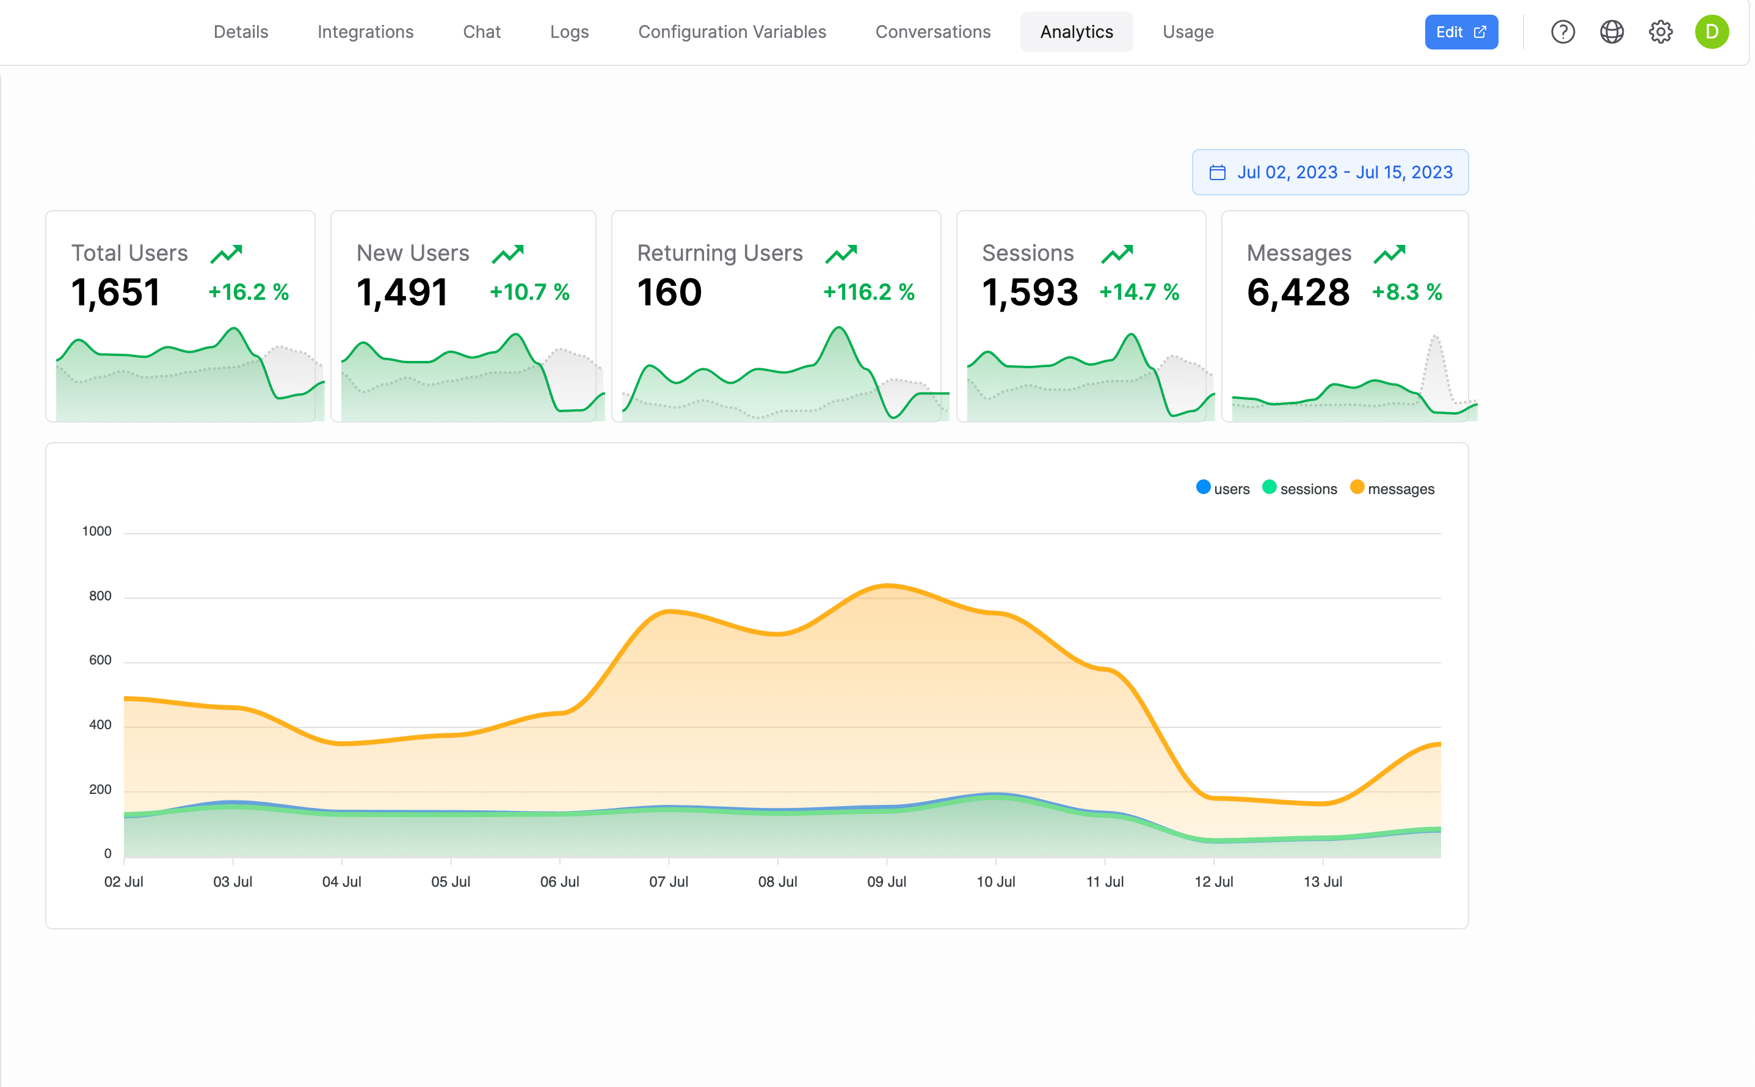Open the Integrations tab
[365, 32]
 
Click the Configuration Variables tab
[732, 32]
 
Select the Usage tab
[1187, 32]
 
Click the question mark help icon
[1563, 32]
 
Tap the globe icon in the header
[1611, 32]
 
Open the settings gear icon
[1660, 32]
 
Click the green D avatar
[1711, 32]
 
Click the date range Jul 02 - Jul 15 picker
[1329, 173]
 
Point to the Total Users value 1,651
[115, 293]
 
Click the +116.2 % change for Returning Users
[868, 292]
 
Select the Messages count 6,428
[1298, 293]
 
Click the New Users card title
[413, 253]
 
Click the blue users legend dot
[1203, 487]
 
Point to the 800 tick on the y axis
[100, 596]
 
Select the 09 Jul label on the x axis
[886, 882]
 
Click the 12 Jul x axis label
[1213, 882]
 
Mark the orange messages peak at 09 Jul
[887, 586]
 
